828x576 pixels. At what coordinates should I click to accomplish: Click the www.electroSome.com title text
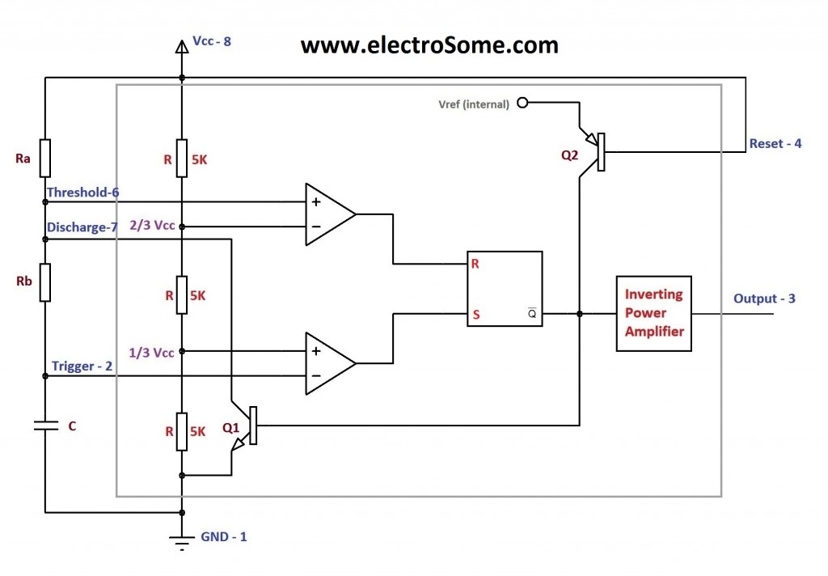429,45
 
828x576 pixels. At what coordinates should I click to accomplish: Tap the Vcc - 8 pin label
212,40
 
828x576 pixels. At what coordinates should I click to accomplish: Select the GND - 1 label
223,536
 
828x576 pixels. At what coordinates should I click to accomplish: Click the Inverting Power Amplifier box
654,313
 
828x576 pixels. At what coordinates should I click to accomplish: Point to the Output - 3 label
764,299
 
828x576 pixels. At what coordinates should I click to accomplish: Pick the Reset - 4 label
775,144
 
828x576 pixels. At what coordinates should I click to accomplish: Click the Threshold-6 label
82,193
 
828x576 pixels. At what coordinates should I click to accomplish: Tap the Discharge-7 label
82,227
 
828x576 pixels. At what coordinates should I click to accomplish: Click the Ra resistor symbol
45,158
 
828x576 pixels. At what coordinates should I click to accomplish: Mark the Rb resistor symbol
45,282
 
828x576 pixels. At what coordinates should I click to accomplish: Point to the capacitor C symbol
45,425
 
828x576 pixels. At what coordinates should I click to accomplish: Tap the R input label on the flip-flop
476,264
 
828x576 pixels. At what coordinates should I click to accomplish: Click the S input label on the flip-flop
476,315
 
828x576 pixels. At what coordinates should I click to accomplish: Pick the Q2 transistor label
571,155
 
